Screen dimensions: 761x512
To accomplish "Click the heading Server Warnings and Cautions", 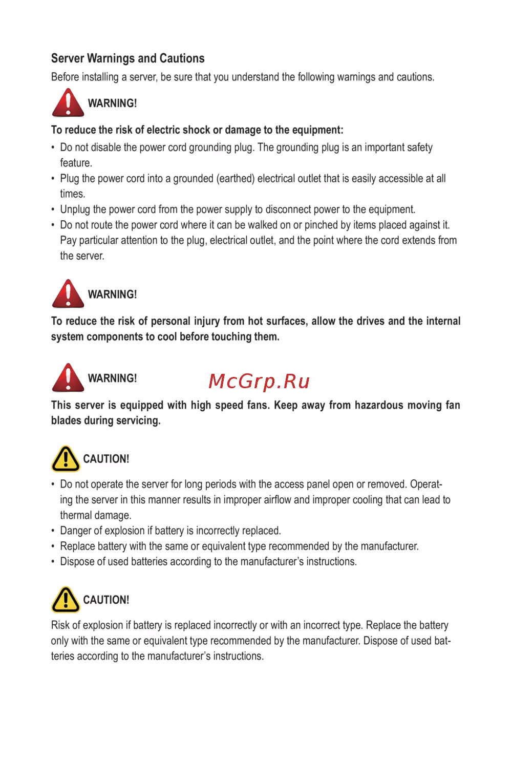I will (127, 58).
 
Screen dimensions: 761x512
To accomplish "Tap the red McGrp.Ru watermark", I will (259, 382).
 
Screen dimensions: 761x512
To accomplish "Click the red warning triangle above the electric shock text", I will (68, 102).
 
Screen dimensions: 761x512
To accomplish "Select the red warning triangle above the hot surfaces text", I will (68, 293).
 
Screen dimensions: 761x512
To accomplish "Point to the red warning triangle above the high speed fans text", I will (68, 377).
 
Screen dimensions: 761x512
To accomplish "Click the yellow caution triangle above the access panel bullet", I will (66, 458).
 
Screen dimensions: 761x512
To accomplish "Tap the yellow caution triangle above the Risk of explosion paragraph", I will (66, 599).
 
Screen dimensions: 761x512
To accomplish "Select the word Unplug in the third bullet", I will (75, 209).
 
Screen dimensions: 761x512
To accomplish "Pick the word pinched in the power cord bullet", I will (321, 225).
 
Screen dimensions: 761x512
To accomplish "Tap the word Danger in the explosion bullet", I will (76, 531).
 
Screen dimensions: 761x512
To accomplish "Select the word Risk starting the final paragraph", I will (60, 625).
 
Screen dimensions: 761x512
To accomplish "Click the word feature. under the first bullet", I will (76, 163).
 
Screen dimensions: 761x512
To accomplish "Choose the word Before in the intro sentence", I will (65, 77).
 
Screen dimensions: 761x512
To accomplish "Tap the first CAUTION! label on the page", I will (106, 459).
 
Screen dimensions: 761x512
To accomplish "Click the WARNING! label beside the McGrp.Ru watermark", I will (112, 378).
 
